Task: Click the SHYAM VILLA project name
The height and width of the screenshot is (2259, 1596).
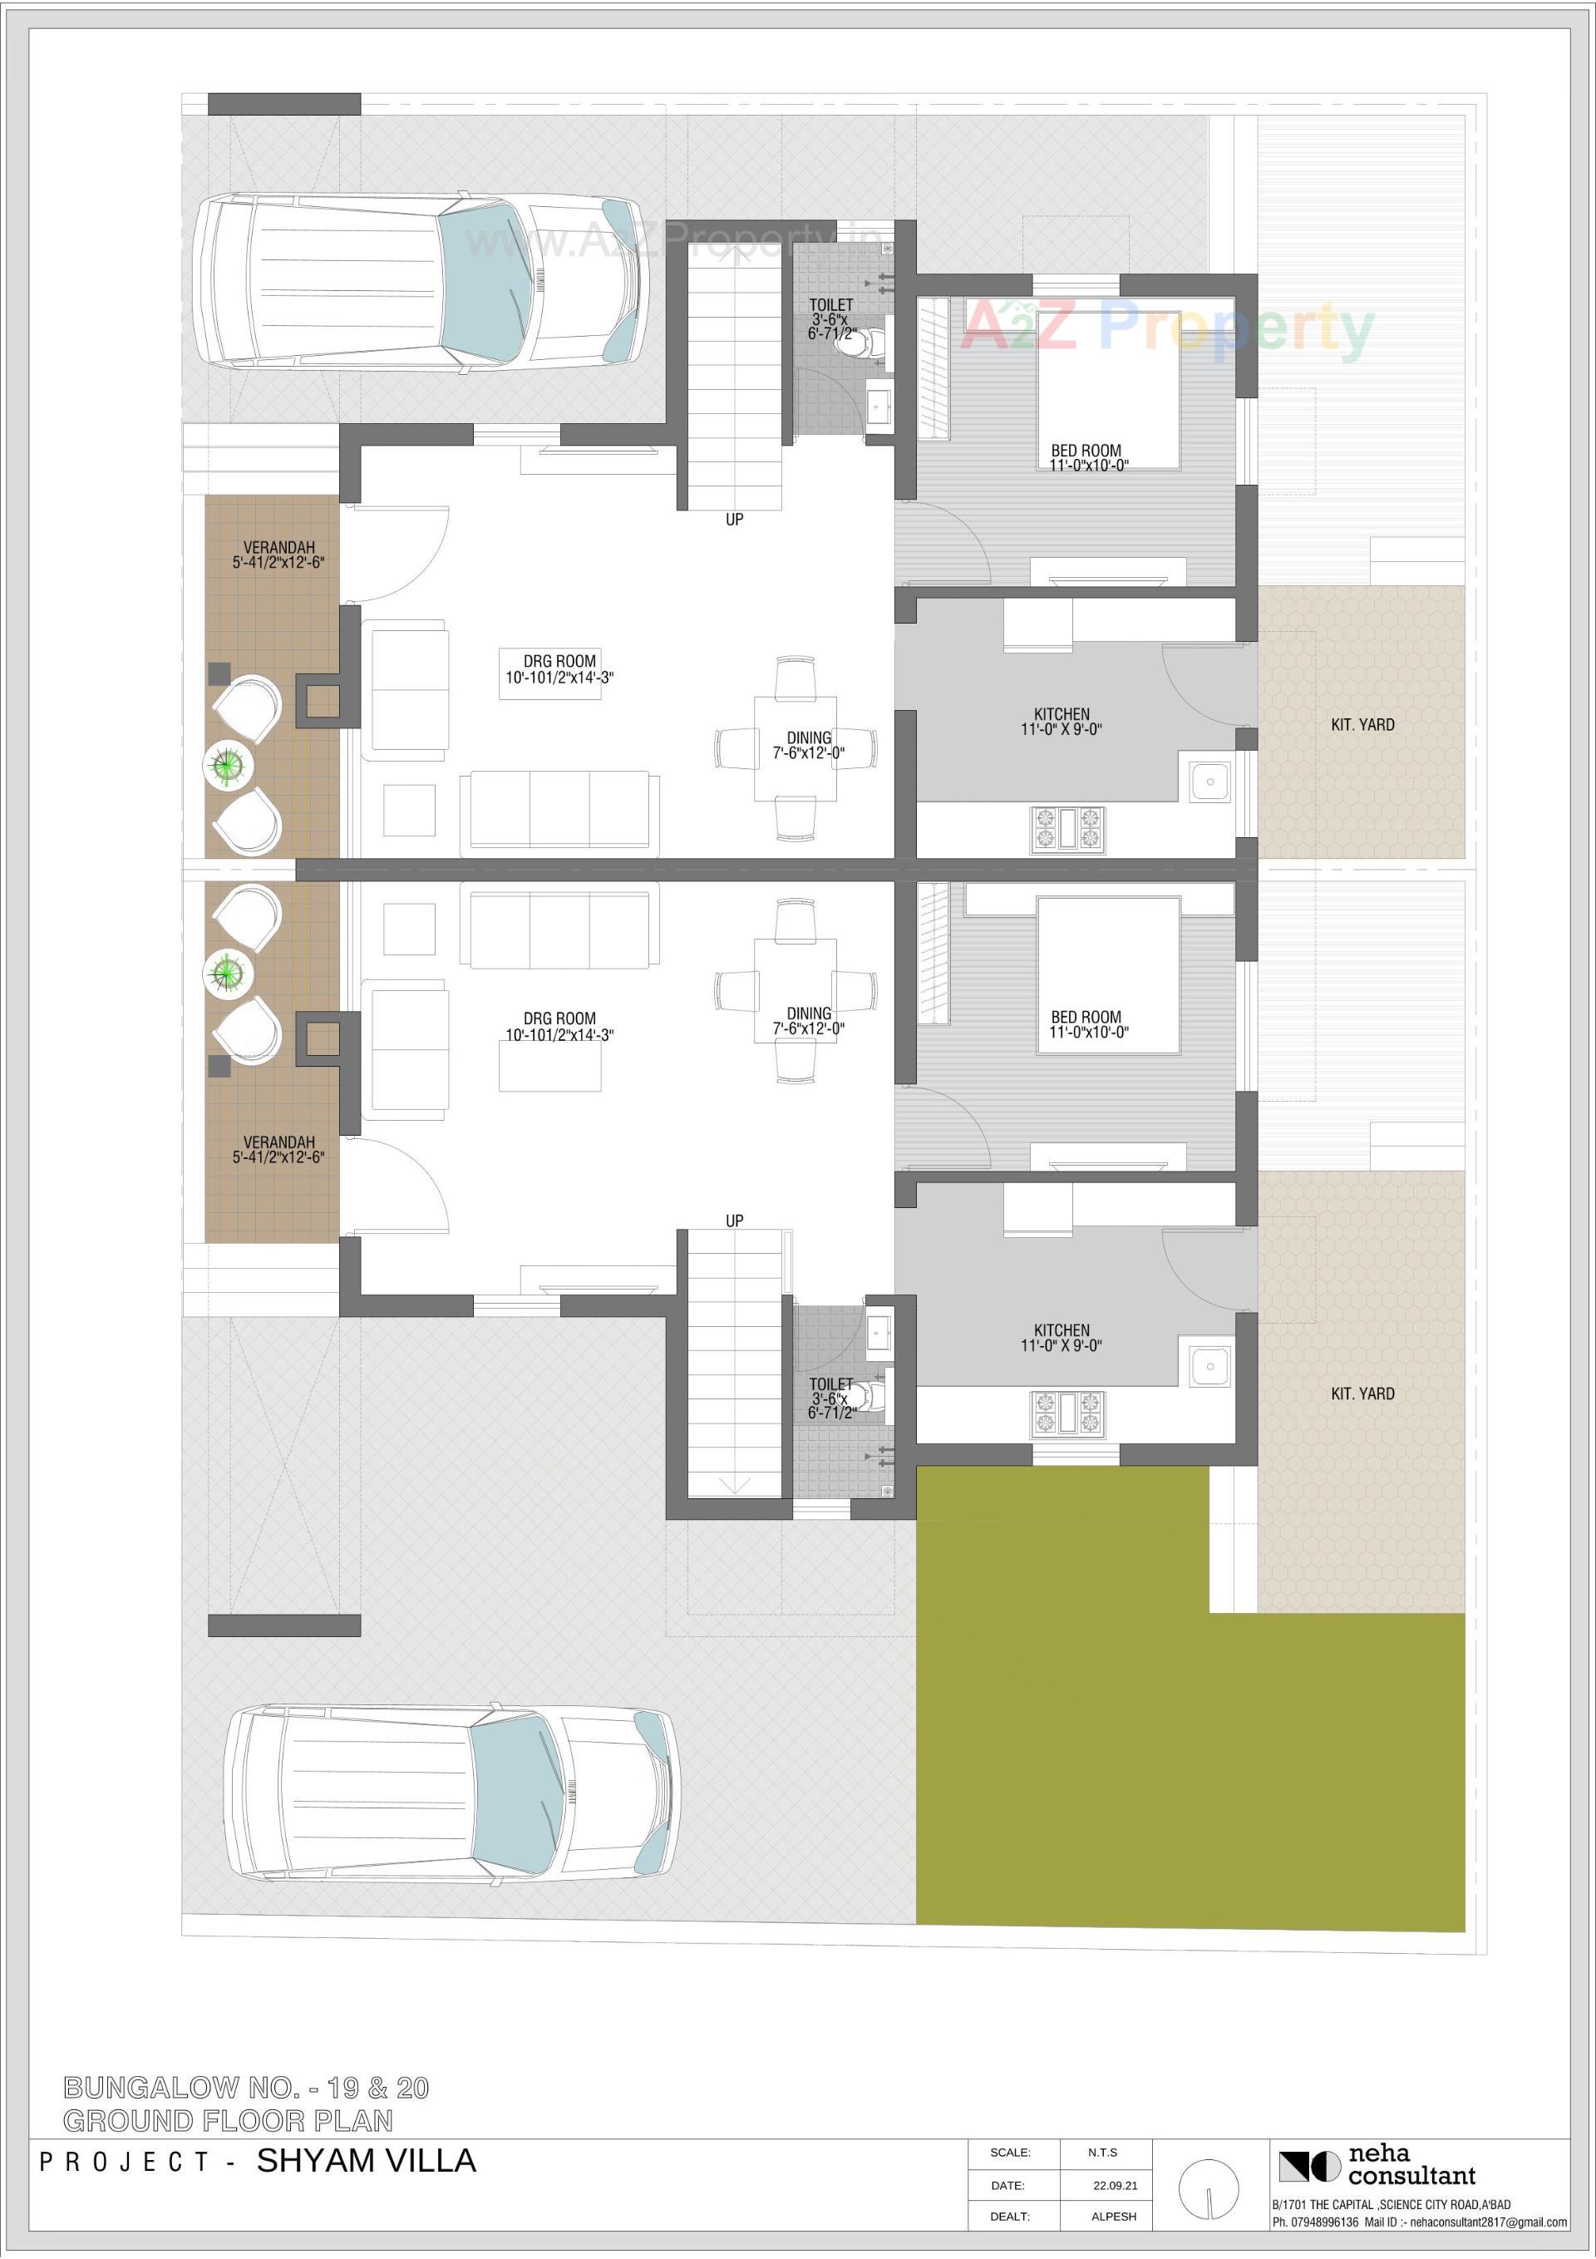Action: click(366, 2161)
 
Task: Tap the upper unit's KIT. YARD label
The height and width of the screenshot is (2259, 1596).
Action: click(1362, 725)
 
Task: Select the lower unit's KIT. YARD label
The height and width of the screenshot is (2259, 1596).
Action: click(1362, 1394)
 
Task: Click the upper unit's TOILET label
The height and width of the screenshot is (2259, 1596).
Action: click(831, 306)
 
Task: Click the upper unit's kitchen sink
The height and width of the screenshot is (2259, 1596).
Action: click(1209, 782)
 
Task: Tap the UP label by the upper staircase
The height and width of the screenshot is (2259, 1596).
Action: click(734, 520)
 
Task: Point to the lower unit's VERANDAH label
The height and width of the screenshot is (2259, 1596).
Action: click(279, 1142)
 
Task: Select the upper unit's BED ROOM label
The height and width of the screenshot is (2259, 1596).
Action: click(1086, 451)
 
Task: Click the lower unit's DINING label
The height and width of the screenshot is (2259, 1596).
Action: click(809, 1014)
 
